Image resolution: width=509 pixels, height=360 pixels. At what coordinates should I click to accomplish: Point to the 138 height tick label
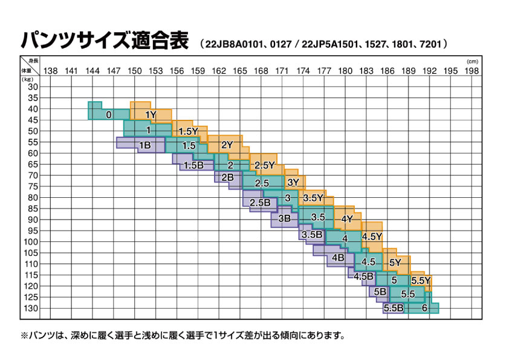51,71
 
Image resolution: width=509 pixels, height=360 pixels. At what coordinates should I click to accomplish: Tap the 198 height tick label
472,71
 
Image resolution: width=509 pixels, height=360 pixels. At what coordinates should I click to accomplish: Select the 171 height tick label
282,71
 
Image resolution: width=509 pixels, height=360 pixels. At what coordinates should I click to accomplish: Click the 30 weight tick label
33,87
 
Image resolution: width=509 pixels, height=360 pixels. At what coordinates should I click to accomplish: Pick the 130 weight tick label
31,308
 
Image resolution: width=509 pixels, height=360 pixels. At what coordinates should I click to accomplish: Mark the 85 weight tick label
33,208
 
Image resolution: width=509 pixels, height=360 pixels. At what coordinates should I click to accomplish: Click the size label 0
109,115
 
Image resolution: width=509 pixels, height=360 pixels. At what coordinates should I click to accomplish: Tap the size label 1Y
151,114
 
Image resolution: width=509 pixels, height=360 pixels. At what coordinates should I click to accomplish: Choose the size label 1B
144,145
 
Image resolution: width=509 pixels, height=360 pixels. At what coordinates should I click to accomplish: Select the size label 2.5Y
265,165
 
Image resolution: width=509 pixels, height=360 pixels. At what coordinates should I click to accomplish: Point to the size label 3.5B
312,235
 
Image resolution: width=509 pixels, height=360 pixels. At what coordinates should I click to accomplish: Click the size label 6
424,308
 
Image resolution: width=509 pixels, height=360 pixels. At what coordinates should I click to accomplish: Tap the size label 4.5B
363,277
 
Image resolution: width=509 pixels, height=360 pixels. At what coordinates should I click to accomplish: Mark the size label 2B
227,177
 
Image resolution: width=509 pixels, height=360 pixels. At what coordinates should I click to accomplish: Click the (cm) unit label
472,62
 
